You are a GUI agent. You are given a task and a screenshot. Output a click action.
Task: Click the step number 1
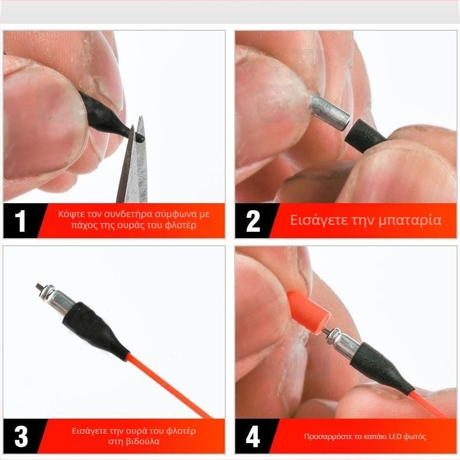click(x=20, y=221)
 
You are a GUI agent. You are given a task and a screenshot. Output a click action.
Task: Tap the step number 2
click(x=253, y=221)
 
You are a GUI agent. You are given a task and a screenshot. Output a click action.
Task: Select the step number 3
click(x=21, y=436)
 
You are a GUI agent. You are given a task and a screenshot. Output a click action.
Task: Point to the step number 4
click(x=253, y=436)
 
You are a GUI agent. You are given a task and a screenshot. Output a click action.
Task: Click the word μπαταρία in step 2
click(x=410, y=221)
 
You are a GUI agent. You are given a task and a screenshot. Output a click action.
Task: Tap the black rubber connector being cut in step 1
click(x=108, y=118)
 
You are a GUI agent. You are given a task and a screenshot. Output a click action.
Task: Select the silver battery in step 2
click(x=330, y=112)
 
